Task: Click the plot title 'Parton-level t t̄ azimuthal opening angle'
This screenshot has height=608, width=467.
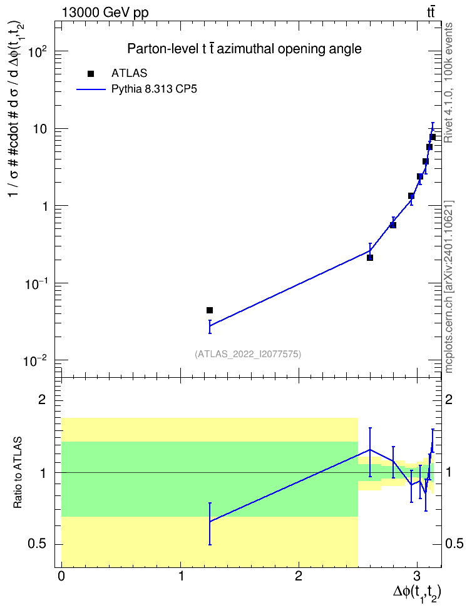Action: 245,49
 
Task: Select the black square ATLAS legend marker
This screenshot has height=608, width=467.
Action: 91,74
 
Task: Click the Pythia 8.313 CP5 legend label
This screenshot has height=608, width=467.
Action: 154,89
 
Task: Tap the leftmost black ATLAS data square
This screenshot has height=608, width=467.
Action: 210,310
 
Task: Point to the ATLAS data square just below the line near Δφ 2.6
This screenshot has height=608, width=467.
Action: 370,258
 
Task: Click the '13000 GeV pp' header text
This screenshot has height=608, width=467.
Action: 105,13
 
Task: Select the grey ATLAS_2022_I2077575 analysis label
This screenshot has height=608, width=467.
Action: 248,354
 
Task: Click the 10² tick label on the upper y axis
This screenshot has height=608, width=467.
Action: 37,51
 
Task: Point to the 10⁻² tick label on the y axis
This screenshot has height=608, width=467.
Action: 36,361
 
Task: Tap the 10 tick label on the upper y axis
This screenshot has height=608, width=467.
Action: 41,129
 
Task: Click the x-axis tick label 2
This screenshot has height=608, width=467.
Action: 299,576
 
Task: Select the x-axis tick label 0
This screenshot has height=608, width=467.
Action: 61,576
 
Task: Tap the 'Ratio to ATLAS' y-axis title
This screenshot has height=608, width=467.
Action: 17,473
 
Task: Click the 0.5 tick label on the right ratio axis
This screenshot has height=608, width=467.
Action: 454,544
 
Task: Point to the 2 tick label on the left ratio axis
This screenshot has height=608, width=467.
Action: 42,400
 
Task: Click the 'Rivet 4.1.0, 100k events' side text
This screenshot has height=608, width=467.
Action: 448,83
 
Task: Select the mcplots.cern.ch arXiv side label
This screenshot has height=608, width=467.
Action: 449,287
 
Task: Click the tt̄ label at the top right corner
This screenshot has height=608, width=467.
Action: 431,13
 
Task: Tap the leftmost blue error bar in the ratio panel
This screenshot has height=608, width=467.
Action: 210,524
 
